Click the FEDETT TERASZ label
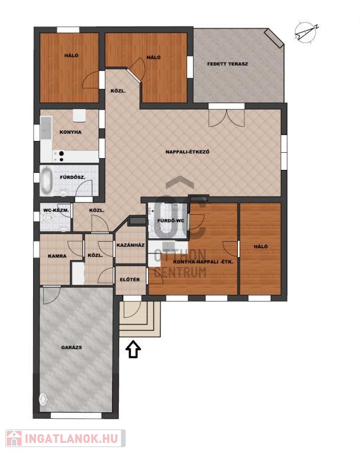tap(227, 64)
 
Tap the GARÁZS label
tap(71, 347)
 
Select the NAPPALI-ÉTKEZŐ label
tap(187, 152)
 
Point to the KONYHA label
tap(70, 132)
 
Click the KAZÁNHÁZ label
tap(130, 245)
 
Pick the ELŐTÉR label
tap(130, 280)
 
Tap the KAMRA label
tap(57, 255)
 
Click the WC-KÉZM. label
tap(56, 211)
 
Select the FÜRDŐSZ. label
tap(72, 177)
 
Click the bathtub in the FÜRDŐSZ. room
tap(47, 181)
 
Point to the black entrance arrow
tap(133, 349)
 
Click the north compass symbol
tap(306, 32)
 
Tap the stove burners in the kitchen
tap(61, 156)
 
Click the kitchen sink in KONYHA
tap(46, 127)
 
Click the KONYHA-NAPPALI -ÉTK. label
tap(203, 262)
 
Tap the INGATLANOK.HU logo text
tap(71, 438)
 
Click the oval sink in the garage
tap(43, 399)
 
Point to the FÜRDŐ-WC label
tap(171, 221)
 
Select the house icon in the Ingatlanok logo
tap(14, 438)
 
